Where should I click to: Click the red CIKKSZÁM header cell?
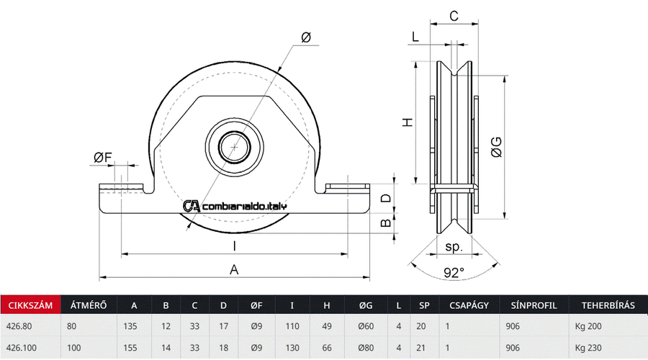pos(30,305)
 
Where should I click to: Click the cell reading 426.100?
pos(22,348)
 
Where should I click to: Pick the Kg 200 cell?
pos(588,326)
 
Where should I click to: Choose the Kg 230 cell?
pos(588,348)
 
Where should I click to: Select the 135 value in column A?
pos(131,326)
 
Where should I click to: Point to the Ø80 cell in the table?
pos(366,348)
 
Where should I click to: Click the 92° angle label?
pos(454,272)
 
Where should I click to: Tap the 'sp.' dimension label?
pos(454,246)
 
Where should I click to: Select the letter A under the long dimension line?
pos(234,269)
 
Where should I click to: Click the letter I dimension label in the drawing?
pos(234,246)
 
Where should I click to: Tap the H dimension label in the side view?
pos(408,122)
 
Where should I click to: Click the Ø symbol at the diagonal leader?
pos(305,37)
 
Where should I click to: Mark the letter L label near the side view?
pos(416,37)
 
